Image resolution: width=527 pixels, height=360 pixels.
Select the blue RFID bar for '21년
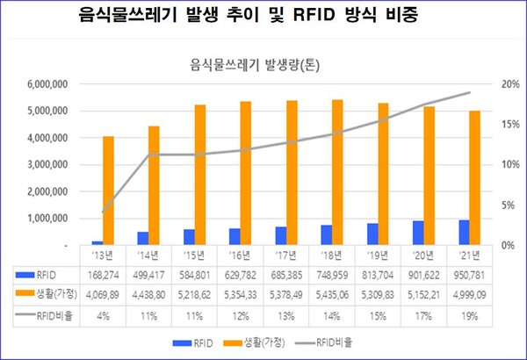[463, 232]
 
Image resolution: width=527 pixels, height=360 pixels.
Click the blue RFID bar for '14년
[142, 238]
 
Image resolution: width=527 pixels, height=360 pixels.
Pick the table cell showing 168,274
[103, 274]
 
